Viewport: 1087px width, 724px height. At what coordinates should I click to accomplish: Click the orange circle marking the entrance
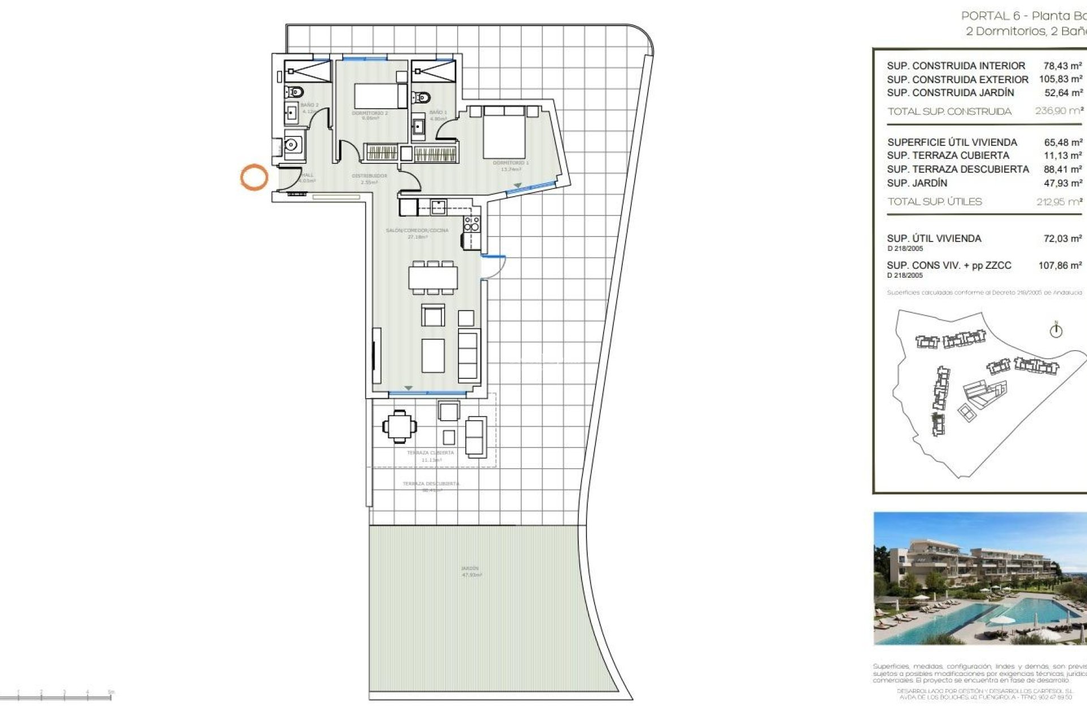tap(254, 177)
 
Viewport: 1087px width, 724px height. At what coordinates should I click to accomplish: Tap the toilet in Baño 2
tap(294, 92)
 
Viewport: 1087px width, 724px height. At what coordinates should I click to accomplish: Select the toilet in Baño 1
tap(421, 97)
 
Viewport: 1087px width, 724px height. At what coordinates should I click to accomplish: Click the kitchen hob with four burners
tap(472, 224)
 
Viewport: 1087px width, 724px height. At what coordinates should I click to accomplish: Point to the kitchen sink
tap(438, 207)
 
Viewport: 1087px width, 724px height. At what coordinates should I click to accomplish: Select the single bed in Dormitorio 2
tap(379, 96)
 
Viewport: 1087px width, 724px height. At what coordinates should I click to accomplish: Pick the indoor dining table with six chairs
tap(433, 278)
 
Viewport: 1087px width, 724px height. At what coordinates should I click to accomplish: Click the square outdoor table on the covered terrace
tap(400, 426)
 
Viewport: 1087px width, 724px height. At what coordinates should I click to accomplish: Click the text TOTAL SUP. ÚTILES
tap(934, 201)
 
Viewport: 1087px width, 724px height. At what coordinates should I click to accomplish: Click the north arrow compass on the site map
tap(1056, 330)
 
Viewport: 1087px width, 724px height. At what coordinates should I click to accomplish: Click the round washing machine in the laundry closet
tap(293, 145)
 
